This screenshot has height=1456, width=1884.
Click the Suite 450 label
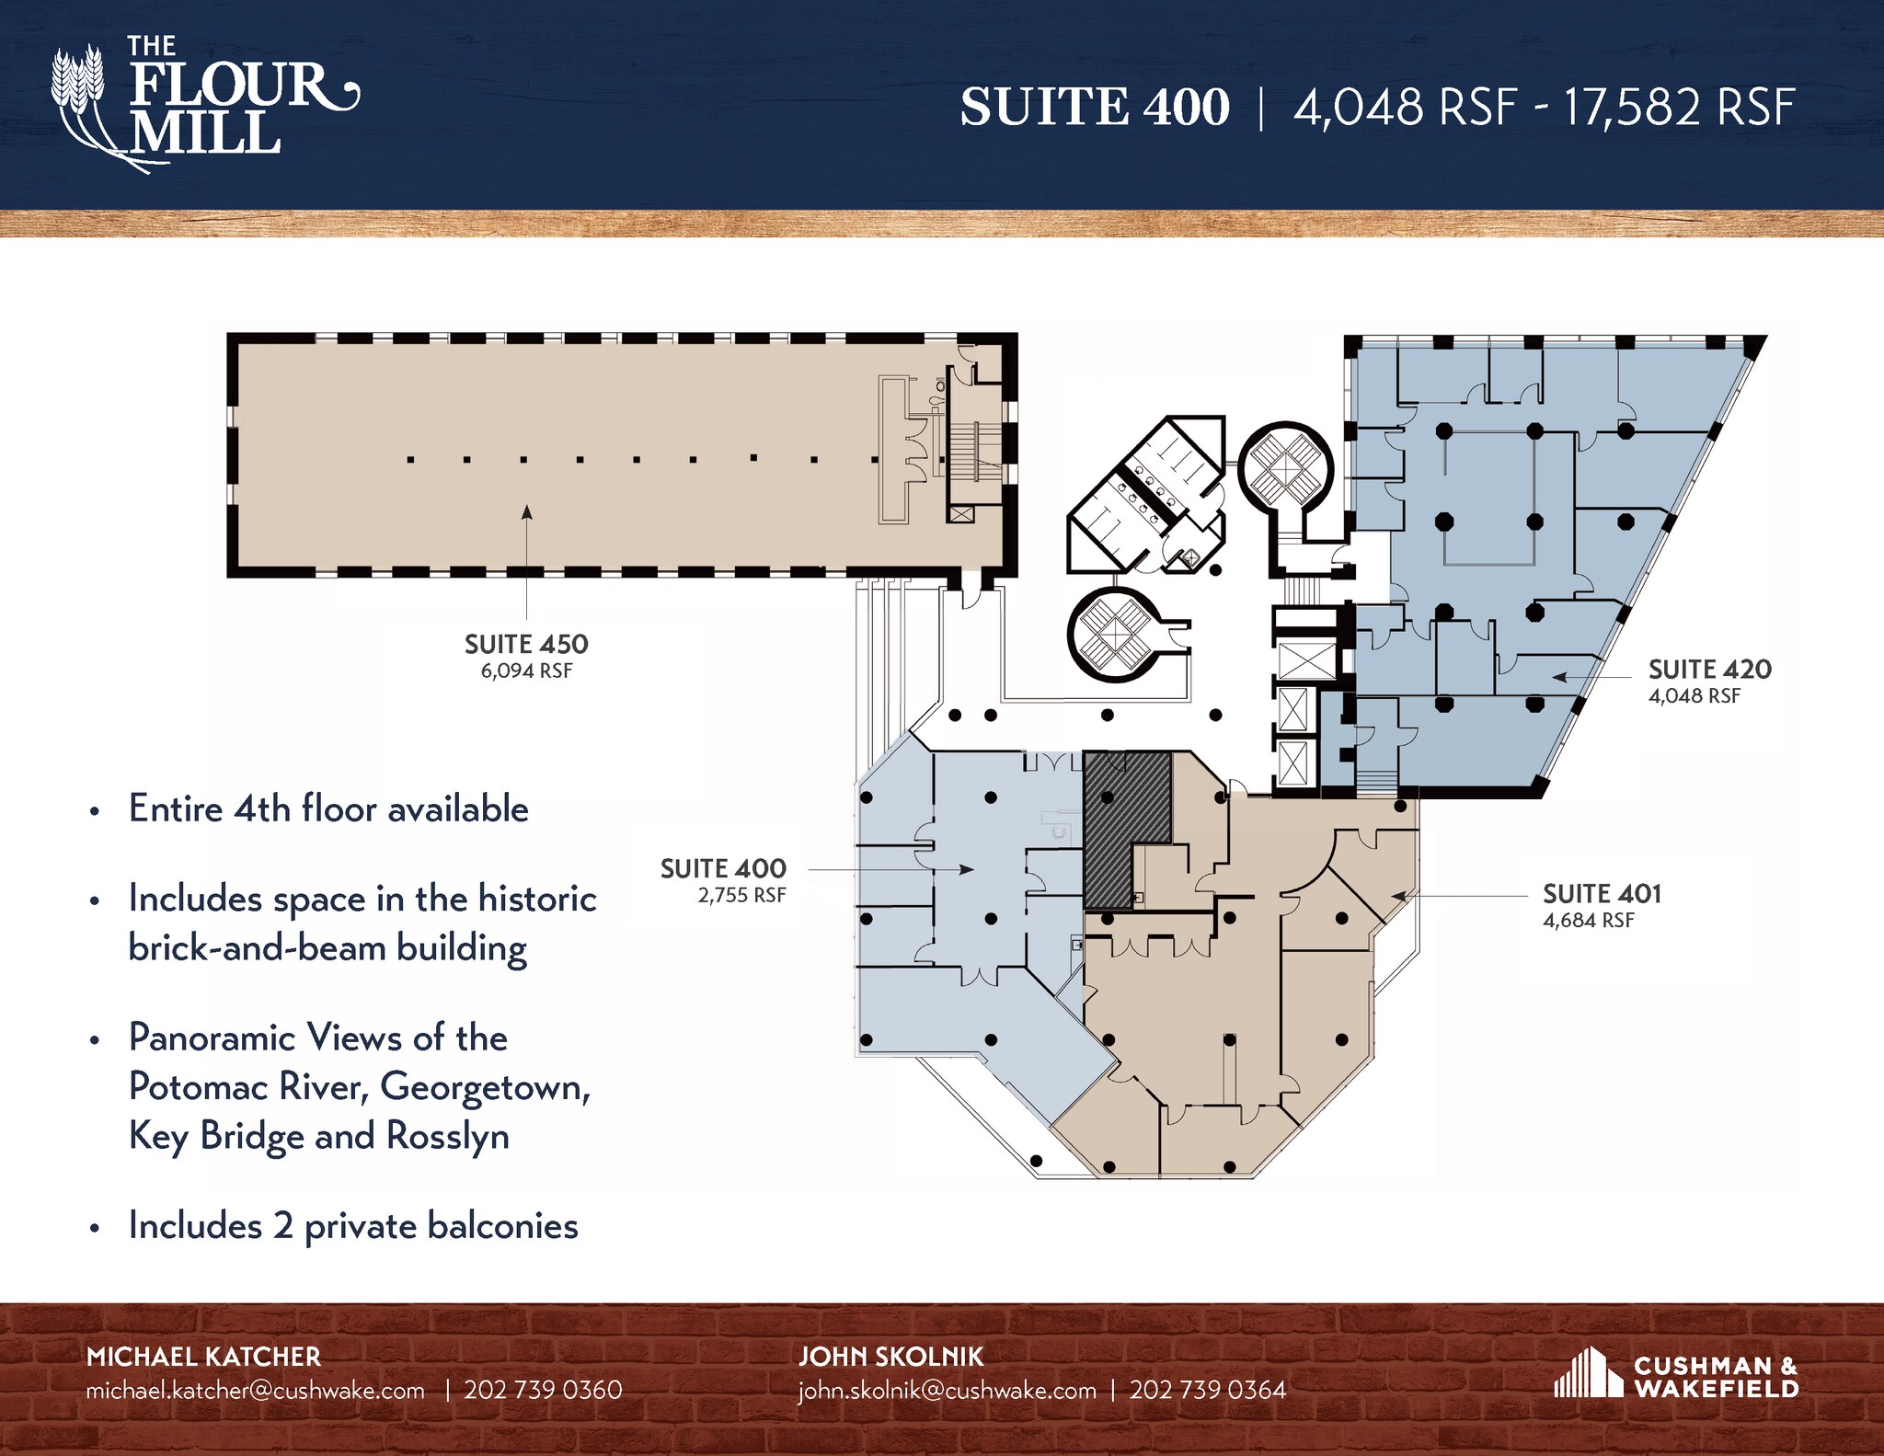[526, 644]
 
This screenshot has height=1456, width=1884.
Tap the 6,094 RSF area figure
[526, 671]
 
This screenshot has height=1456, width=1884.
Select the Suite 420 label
[1709, 669]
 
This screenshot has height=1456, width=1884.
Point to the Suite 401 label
[1602, 893]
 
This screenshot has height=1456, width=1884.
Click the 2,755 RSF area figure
[741, 896]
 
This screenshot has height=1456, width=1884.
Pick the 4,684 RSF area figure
[1589, 921]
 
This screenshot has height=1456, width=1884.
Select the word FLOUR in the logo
[230, 85]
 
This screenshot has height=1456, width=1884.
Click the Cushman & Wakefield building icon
[1589, 1372]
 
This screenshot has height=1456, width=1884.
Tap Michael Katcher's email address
[255, 1390]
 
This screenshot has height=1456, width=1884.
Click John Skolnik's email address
[947, 1390]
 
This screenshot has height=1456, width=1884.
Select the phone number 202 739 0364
[1208, 1390]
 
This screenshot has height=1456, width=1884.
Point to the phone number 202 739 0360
[543, 1390]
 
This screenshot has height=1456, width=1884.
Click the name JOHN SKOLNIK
[890, 1357]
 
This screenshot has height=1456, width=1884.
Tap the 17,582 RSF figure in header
[1679, 108]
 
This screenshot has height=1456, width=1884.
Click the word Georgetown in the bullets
[484, 1088]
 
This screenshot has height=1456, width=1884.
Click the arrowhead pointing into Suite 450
[527, 512]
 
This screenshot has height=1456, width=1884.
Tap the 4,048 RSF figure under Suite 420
[1694, 696]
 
